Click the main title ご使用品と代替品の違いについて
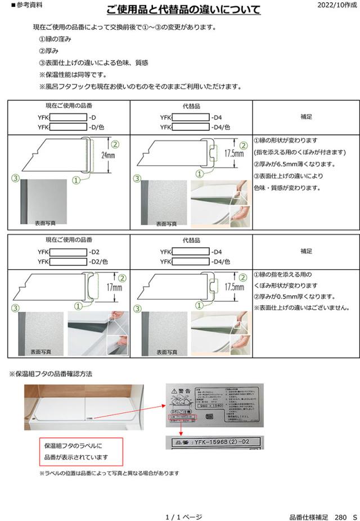click(x=183, y=10)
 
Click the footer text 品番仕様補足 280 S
click(x=323, y=516)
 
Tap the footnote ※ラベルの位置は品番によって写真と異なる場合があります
click(x=109, y=473)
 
